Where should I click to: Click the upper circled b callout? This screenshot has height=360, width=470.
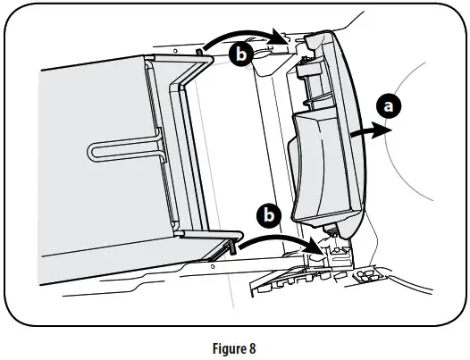point(239,54)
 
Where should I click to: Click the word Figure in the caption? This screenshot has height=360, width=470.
point(220,343)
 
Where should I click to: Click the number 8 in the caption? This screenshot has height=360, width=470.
point(253,343)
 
